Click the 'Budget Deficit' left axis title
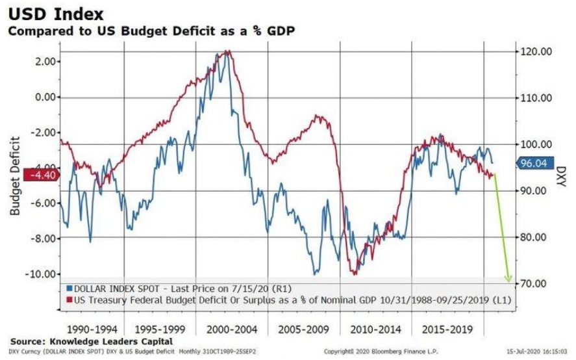[x=14, y=175]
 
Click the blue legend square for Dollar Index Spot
[x=69, y=287]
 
